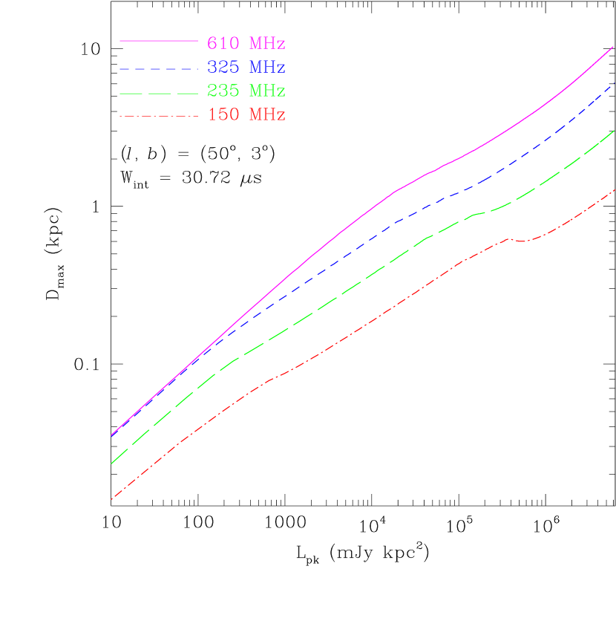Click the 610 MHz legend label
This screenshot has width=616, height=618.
pyautogui.click(x=246, y=42)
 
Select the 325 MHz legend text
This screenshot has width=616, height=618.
pyautogui.click(x=246, y=67)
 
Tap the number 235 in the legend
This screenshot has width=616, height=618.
pyautogui.click(x=223, y=91)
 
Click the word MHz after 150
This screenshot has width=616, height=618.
pyautogui.click(x=267, y=114)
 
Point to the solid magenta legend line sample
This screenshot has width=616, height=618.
pyautogui.click(x=158, y=40)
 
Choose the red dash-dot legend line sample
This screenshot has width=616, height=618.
pyautogui.click(x=158, y=116)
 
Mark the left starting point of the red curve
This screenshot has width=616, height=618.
pyautogui.click(x=111, y=499)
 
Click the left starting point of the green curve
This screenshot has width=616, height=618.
pyautogui.click(x=111, y=463)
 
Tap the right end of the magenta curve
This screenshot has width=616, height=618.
pyautogui.click(x=613, y=47)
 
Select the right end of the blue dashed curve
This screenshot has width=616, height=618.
pyautogui.click(x=613, y=85)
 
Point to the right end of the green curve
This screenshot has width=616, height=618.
pyautogui.click(x=613, y=131)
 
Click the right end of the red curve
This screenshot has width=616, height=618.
pyautogui.click(x=613, y=191)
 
